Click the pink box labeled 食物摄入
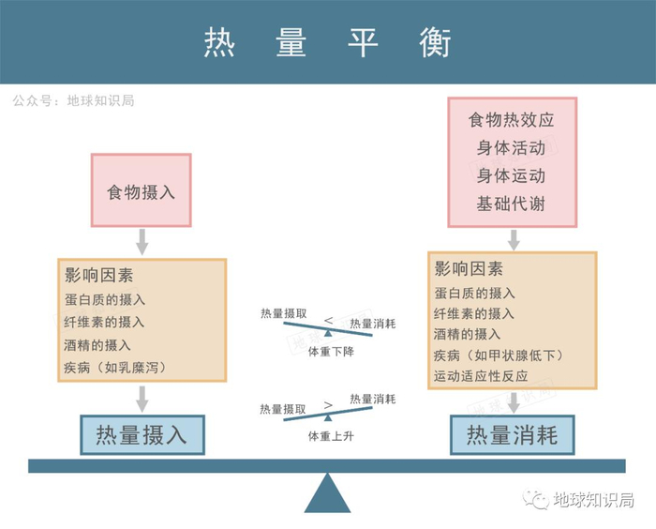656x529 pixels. (x=141, y=190)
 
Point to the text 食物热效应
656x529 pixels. (x=512, y=120)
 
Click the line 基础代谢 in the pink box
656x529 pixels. (x=512, y=204)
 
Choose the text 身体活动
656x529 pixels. (x=512, y=148)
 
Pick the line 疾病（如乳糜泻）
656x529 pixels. (x=114, y=367)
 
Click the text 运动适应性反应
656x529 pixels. (x=481, y=376)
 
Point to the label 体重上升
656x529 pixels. (x=327, y=436)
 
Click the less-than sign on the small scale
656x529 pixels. (x=328, y=320)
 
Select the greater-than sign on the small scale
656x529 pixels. (x=328, y=405)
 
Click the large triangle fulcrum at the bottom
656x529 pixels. (x=327, y=493)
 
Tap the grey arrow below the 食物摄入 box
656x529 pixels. (x=142, y=241)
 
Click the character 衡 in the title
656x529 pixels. (x=436, y=42)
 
